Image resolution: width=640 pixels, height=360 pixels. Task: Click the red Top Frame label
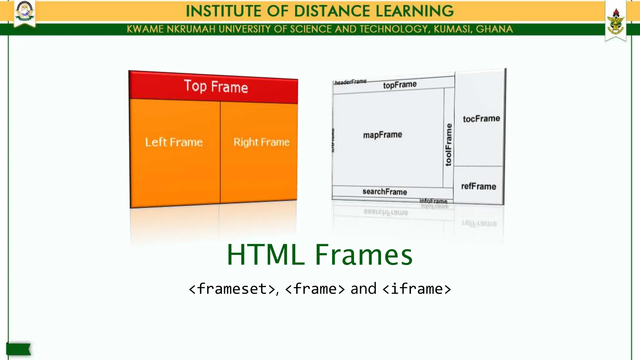(216, 87)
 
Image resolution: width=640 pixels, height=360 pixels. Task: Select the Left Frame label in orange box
(174, 142)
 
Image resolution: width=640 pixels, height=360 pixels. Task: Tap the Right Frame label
(262, 142)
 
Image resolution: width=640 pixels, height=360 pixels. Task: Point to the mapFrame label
(382, 135)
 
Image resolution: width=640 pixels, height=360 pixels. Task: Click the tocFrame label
(481, 119)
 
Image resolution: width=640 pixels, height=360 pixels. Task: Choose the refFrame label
(478, 186)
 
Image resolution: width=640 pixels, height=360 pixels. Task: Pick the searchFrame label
(385, 192)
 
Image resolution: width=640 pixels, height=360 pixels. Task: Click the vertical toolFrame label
(448, 145)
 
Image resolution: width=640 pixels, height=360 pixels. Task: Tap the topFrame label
(400, 85)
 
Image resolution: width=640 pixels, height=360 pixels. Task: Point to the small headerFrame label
(350, 82)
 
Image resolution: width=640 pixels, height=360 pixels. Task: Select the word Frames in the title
(364, 255)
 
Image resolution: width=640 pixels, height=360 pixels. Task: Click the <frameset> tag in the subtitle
(232, 289)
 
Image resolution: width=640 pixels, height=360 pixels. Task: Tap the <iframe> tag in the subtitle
(417, 289)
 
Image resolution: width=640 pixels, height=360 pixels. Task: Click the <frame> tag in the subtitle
(315, 289)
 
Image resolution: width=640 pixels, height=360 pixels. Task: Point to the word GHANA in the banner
(494, 29)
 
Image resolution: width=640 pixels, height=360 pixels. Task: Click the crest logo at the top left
(25, 12)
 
